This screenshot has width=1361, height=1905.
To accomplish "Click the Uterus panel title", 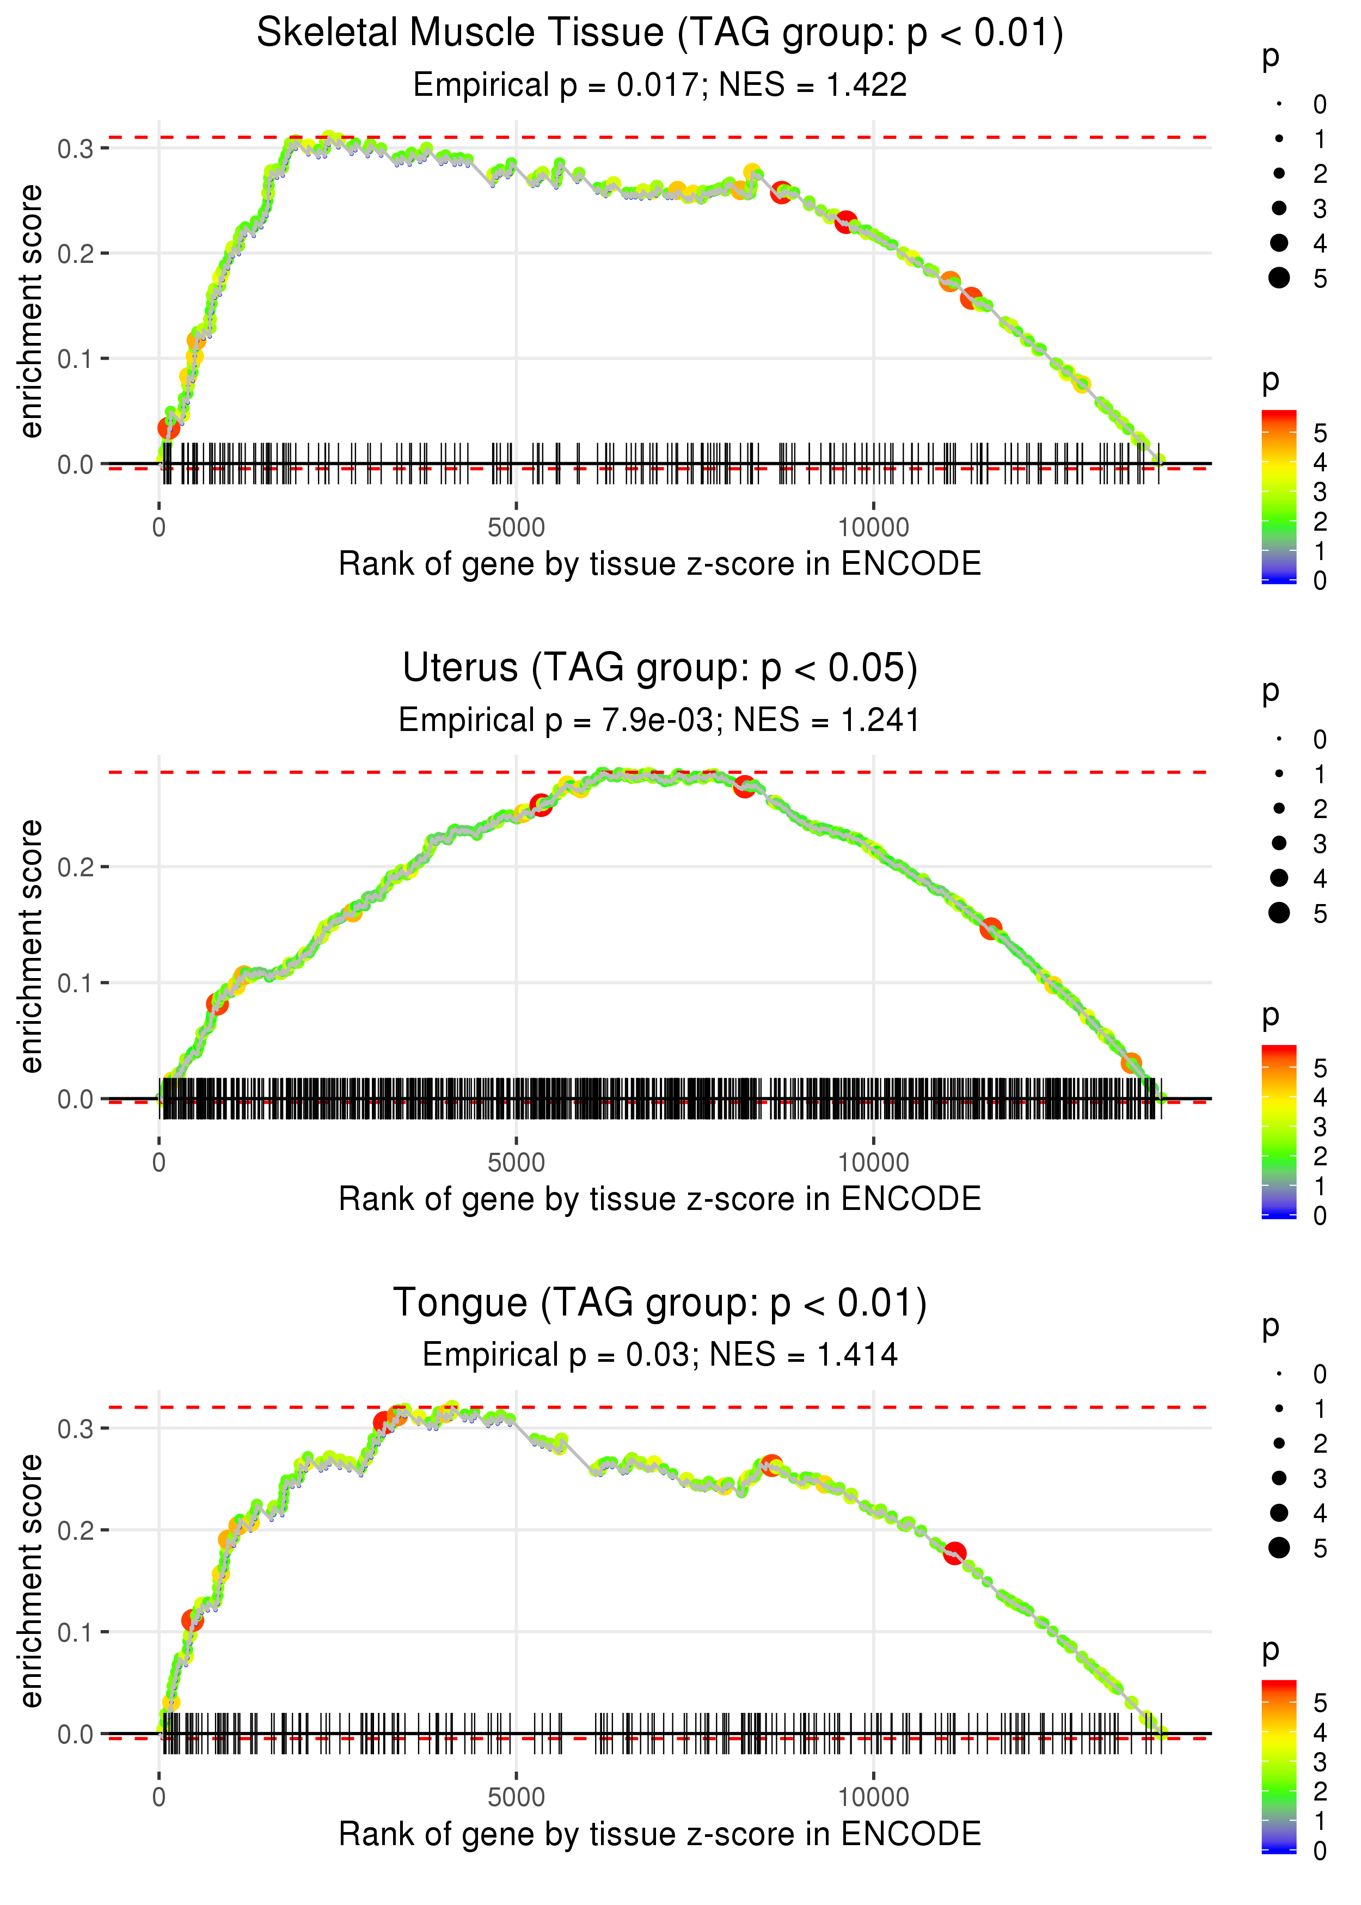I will click(x=660, y=668).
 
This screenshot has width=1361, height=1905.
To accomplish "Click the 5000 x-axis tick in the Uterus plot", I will click(x=516, y=1163).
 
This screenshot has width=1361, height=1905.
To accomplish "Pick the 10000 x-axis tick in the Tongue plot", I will click(x=873, y=1797).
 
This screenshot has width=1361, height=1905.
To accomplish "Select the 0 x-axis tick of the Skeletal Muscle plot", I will click(x=159, y=528).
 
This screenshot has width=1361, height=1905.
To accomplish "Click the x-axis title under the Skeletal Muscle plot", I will click(x=660, y=564).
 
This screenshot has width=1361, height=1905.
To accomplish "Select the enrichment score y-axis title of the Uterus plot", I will click(x=31, y=946).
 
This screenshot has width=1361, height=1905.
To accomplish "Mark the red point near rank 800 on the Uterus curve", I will click(x=217, y=1004).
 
